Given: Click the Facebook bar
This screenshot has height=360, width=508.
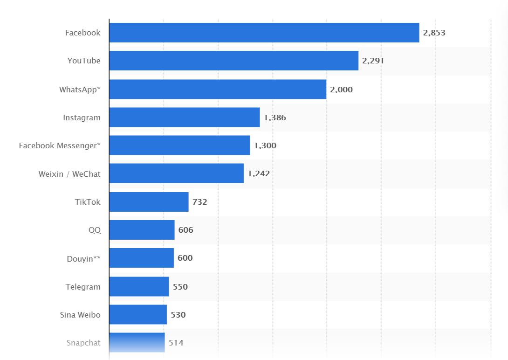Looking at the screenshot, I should [x=264, y=33].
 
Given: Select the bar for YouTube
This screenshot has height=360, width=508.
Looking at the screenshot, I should [x=234, y=61].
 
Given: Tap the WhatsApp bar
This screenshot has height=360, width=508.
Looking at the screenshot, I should [x=218, y=89].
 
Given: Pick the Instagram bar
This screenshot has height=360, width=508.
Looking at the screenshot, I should [x=185, y=118].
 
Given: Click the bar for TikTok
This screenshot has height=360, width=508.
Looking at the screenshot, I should [x=149, y=202].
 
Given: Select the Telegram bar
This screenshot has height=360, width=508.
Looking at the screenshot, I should [x=139, y=286].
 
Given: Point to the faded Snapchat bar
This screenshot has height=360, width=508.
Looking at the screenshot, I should [x=137, y=342].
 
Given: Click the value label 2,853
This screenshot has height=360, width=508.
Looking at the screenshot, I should [x=434, y=33].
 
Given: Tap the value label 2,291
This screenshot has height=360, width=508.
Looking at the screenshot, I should [x=373, y=61].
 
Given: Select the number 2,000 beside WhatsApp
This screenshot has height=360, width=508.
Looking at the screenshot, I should [x=342, y=90].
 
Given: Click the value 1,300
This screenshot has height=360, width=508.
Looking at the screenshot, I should [x=265, y=145].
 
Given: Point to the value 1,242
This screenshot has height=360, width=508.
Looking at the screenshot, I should [x=259, y=173].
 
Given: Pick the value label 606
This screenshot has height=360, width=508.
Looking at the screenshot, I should [x=185, y=230].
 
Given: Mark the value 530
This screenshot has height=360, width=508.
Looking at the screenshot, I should [x=178, y=315].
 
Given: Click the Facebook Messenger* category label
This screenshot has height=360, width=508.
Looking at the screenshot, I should [x=60, y=145].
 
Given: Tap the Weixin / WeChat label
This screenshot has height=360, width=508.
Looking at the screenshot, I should [x=69, y=174].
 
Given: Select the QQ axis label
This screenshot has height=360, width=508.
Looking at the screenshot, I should [x=95, y=230].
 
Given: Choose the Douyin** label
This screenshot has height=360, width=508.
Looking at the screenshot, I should [x=83, y=258].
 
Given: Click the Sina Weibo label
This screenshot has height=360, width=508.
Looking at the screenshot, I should [x=80, y=315].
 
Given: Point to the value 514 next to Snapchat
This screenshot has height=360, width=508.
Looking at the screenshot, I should [x=176, y=343].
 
